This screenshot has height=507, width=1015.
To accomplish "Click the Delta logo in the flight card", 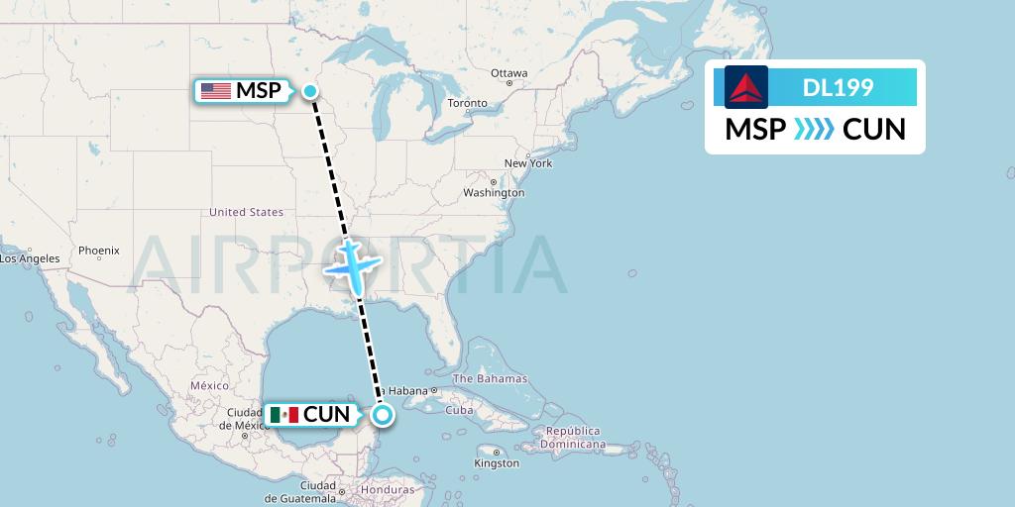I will point(746,87).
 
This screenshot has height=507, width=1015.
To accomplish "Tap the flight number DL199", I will point(838,87).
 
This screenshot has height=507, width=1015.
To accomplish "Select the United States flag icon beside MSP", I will point(215,91).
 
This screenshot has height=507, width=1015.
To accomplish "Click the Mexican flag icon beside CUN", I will point(283,415).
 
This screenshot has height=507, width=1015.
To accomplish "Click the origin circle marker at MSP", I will point(310,91).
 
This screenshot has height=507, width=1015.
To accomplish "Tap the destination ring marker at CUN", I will point(383,415).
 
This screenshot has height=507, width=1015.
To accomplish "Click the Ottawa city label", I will point(508,73).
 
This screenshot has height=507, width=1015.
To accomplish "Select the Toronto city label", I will point(467,103).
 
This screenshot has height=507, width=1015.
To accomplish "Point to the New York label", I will point(527,163).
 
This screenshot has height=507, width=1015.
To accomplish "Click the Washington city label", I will point(493,193).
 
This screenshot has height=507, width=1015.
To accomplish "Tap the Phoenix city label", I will point(98,251).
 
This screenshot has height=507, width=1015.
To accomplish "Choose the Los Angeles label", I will point(30,259).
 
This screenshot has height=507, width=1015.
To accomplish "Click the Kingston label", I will point(496,463).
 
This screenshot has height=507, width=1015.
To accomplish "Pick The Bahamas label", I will point(490,379).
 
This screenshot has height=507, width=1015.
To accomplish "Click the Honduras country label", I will point(388,490).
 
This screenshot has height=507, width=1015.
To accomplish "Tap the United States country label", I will point(246,212).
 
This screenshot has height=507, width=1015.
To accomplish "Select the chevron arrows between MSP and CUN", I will point(815,129).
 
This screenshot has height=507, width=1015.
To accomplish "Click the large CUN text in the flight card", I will point(873,129).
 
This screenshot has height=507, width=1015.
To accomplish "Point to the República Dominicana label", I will point(573,438).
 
